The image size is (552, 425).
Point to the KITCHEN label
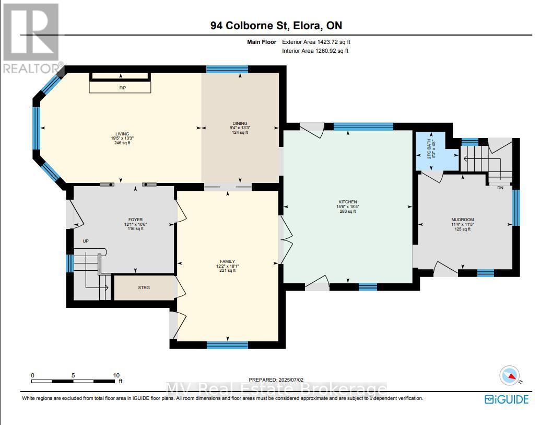pyautogui.click(x=347, y=202)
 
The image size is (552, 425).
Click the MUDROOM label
pyautogui.click(x=463, y=220)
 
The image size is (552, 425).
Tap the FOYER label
pyautogui.click(x=136, y=220)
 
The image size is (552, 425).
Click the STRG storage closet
pyautogui.click(x=144, y=288)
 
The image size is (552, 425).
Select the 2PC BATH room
pyautogui.click(x=430, y=152)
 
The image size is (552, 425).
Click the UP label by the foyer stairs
pyautogui.click(x=85, y=242)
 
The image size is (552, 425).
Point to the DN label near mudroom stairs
pyautogui.click(x=500, y=187)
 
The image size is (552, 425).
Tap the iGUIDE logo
pyautogui.click(x=507, y=399)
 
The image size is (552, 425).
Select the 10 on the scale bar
pyautogui.click(x=116, y=375)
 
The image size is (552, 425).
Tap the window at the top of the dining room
pyautogui.click(x=227, y=69)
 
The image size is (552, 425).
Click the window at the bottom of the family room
pyautogui.click(x=227, y=344)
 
